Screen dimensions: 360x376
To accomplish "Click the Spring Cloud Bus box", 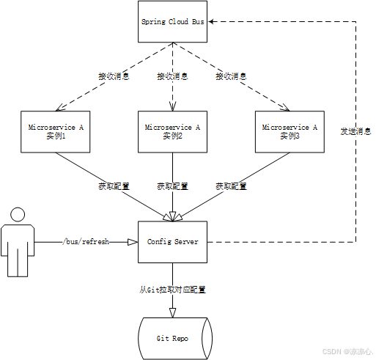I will (173, 22).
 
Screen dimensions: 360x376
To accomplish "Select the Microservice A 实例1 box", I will (56, 131).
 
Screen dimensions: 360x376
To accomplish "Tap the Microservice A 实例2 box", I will (173, 131).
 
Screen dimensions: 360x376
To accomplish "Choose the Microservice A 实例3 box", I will (290, 131).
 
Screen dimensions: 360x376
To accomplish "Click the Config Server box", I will (173, 241).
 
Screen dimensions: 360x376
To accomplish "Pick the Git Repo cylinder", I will (173, 338).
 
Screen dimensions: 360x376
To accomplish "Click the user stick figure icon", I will (15, 241).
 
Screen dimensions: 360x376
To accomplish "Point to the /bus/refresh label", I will (86, 241).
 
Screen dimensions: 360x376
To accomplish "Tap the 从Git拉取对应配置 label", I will (173, 290).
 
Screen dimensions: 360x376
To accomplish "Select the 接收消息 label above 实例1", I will (114, 76).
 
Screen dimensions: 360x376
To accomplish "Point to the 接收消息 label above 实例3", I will (230, 76).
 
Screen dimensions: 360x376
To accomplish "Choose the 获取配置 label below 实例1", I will (114, 186).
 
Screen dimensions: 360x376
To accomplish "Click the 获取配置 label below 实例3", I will (230, 186).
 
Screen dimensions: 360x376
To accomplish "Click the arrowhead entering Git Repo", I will (173, 313).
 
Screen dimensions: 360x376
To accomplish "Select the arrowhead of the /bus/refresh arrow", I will (133, 241).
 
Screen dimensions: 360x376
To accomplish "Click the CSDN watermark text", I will (347, 352).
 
